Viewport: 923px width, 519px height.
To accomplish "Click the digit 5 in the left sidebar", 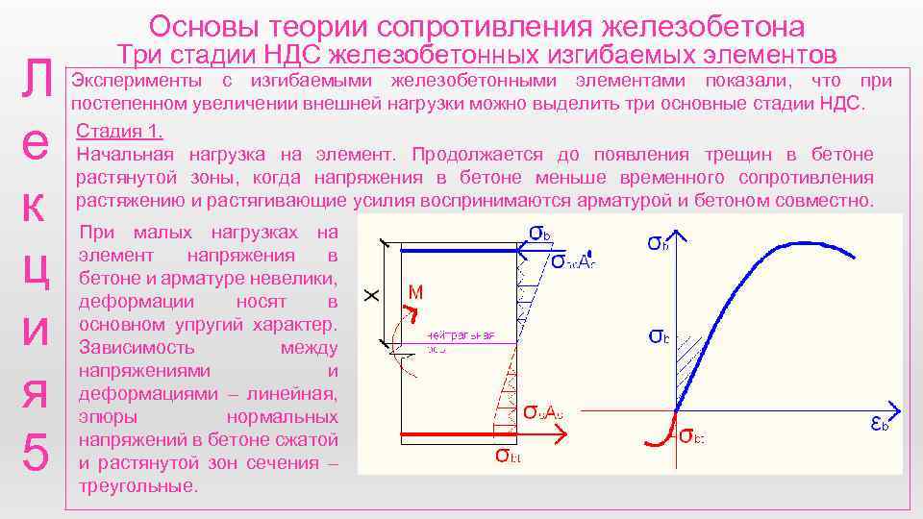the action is coord(35,452).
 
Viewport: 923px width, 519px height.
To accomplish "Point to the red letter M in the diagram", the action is coord(416,291).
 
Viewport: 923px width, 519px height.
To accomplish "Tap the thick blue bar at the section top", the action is coord(458,251).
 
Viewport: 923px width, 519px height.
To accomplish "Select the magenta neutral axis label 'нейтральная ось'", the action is coord(461,340).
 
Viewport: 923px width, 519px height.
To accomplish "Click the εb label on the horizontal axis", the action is coord(879,423).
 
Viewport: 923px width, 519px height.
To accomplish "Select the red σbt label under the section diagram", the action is coord(509,455).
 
